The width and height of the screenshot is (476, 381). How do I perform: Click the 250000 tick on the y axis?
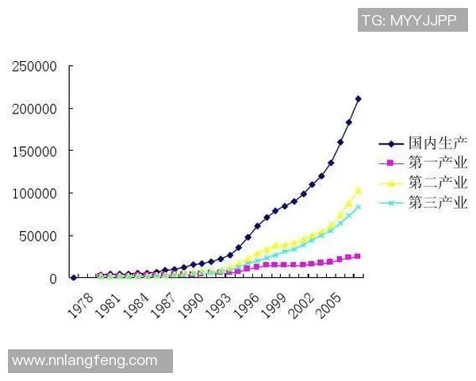click(x=34, y=66)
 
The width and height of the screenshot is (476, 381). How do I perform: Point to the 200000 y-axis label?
click(x=34, y=109)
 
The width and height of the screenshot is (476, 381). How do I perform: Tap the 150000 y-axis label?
click(x=34, y=151)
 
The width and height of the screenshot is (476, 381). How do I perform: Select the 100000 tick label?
click(x=34, y=194)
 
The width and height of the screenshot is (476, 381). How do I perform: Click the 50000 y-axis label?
click(x=38, y=236)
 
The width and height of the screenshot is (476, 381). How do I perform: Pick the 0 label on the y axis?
click(x=52, y=279)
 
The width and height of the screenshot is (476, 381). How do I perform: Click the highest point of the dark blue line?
click(x=359, y=98)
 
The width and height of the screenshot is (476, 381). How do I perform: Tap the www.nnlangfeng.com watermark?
click(x=85, y=360)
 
